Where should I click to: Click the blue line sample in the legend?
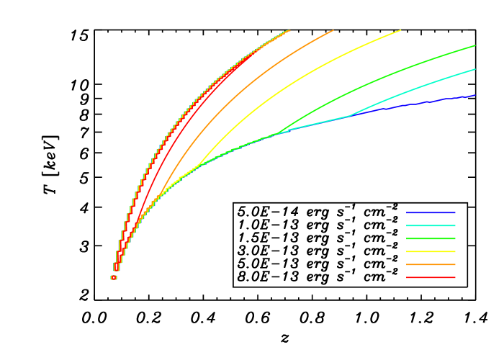[431, 213]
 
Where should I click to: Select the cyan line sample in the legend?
[431, 226]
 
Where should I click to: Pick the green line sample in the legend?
[431, 238]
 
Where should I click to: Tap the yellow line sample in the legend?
[431, 251]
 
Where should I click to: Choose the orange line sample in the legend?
[431, 264]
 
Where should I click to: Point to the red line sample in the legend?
[431, 277]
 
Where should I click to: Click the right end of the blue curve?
[474, 95]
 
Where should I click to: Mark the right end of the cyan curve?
[475, 70]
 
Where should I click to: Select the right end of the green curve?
[475, 46]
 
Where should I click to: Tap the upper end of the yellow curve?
[400, 30]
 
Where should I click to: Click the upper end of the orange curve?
[333, 30]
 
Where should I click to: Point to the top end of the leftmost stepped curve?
[289, 30]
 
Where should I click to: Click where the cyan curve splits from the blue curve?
[350, 115]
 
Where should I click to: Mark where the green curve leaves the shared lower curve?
[277, 133]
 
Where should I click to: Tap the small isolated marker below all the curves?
[114, 277]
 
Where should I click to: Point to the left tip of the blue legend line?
[407, 213]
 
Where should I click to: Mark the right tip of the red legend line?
[455, 277]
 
